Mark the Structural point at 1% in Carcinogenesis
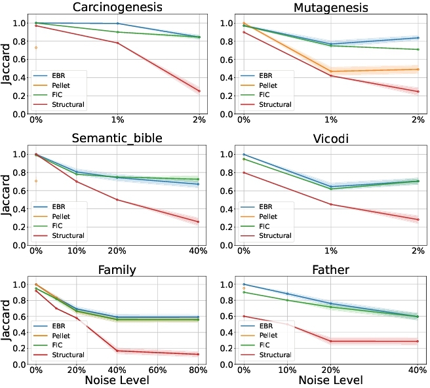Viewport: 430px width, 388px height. click(x=117, y=43)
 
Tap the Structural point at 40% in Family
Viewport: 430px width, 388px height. click(x=117, y=351)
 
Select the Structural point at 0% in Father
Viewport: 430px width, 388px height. click(x=244, y=316)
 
